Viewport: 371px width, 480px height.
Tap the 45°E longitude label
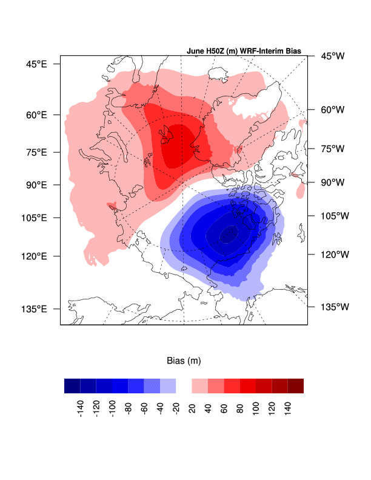coord(36,63)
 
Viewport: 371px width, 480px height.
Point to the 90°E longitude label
coord(36,184)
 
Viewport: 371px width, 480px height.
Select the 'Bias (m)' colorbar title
coord(184,361)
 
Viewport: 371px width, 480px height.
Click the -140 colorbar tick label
coord(80,406)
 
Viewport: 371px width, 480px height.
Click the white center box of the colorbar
coord(184,386)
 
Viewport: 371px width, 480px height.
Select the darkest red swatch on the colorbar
coord(295,386)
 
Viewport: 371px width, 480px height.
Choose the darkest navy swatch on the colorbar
coord(72,386)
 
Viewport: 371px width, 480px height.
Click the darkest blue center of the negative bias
coord(229,233)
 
